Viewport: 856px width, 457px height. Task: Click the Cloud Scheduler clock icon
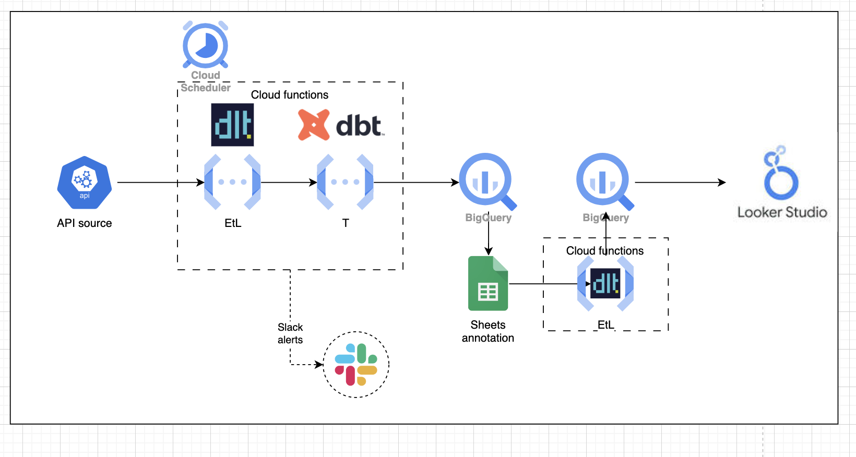(x=205, y=45)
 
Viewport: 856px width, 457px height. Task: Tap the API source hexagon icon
(x=85, y=182)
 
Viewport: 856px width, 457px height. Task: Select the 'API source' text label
(x=85, y=223)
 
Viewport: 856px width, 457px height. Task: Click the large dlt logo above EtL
(x=232, y=125)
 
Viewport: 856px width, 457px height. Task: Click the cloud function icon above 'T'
(x=345, y=182)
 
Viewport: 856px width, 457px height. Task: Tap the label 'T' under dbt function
(x=346, y=223)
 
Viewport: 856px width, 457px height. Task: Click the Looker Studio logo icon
(x=780, y=173)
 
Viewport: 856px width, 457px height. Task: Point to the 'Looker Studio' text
(x=782, y=212)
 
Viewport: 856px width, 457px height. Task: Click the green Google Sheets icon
(x=488, y=284)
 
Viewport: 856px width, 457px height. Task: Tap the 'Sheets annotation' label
(x=488, y=331)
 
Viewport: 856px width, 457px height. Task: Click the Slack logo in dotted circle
(x=356, y=364)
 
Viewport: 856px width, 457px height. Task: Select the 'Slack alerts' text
(x=290, y=333)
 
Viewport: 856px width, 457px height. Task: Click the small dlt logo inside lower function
(x=605, y=284)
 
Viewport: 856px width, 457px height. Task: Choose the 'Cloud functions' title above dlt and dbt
(x=290, y=95)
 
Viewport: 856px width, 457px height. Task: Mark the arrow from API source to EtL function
(x=157, y=183)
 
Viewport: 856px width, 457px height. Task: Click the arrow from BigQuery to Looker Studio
(x=679, y=183)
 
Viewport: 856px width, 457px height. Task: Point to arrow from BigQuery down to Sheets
(x=489, y=237)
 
